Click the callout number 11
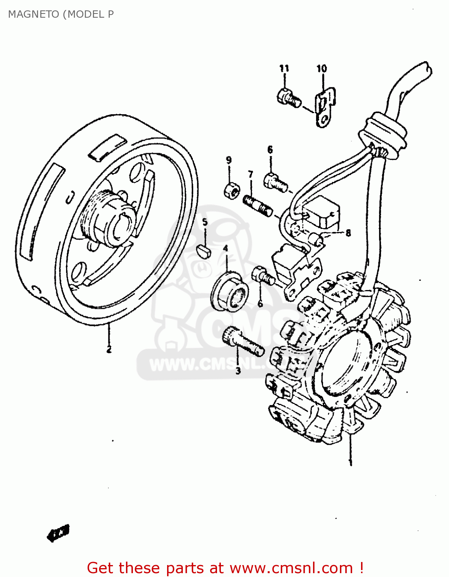pyautogui.click(x=284, y=68)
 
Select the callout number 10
pyautogui.click(x=321, y=68)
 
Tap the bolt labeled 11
pyautogui.click(x=288, y=97)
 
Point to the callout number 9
pyautogui.click(x=229, y=160)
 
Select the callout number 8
pyautogui.click(x=348, y=233)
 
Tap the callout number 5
pyautogui.click(x=205, y=222)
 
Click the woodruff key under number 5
pyautogui.click(x=205, y=251)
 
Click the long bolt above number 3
pyautogui.click(x=243, y=340)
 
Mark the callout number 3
pyautogui.click(x=238, y=371)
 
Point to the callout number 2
pyautogui.click(x=109, y=349)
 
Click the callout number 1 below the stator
pyautogui.click(x=350, y=462)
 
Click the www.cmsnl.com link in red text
pyautogui.click(x=291, y=568)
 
